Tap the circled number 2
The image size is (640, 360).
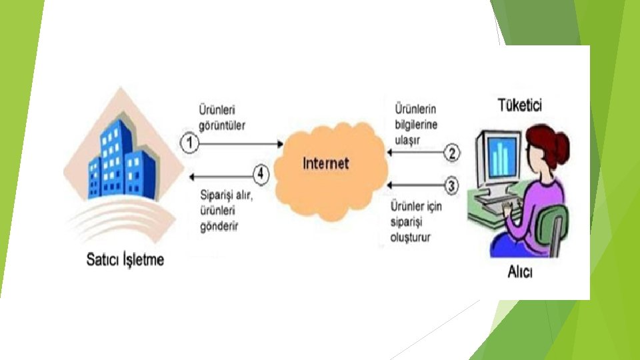click(x=452, y=153)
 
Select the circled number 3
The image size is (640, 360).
click(x=452, y=186)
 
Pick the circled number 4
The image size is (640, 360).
click(x=261, y=175)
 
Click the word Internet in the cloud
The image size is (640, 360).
click(x=326, y=163)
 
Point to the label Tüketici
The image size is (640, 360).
click(x=520, y=105)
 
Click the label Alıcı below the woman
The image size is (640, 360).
click(x=521, y=274)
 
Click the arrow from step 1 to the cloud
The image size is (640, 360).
click(x=240, y=142)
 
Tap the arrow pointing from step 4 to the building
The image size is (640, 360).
click(x=220, y=175)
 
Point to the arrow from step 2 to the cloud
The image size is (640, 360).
click(x=417, y=153)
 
